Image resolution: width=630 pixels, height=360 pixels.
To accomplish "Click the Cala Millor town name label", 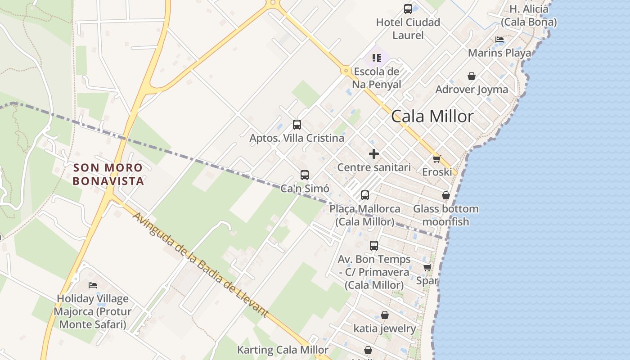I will [432, 117].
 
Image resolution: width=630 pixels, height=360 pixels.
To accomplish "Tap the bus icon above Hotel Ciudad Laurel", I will [408, 9].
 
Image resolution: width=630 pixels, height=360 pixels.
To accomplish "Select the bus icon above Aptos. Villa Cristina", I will [297, 125].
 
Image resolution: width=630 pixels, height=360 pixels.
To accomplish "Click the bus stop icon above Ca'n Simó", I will [305, 175].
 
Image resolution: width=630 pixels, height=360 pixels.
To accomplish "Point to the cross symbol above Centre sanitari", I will [373, 154].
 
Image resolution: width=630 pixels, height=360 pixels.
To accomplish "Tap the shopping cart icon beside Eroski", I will [436, 159].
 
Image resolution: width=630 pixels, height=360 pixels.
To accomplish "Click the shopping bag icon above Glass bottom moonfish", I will [445, 195].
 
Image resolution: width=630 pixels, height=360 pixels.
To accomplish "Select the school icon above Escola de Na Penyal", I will [376, 58].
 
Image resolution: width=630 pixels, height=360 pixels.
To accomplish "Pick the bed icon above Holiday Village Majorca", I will [93, 285].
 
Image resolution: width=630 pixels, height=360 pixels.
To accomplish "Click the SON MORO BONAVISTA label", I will [108, 174].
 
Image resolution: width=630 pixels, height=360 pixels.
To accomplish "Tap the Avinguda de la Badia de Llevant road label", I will [200, 265].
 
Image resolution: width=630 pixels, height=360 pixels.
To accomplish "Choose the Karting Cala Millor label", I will [283, 350].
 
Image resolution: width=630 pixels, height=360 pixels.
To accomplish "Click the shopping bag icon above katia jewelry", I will [384, 315].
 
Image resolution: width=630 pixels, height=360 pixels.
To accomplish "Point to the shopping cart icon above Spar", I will [427, 268].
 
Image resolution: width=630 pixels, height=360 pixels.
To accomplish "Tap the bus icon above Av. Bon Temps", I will [374, 246].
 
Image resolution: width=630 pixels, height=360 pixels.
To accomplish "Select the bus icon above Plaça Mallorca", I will [365, 195].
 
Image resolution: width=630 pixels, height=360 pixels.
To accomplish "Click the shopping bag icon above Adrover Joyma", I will [472, 76].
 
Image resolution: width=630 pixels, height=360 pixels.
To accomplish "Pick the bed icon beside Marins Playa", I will [499, 40].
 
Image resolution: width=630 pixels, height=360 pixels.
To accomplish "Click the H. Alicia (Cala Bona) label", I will [529, 15].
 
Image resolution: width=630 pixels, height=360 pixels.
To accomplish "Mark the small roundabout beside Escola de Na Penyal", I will [346, 71].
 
